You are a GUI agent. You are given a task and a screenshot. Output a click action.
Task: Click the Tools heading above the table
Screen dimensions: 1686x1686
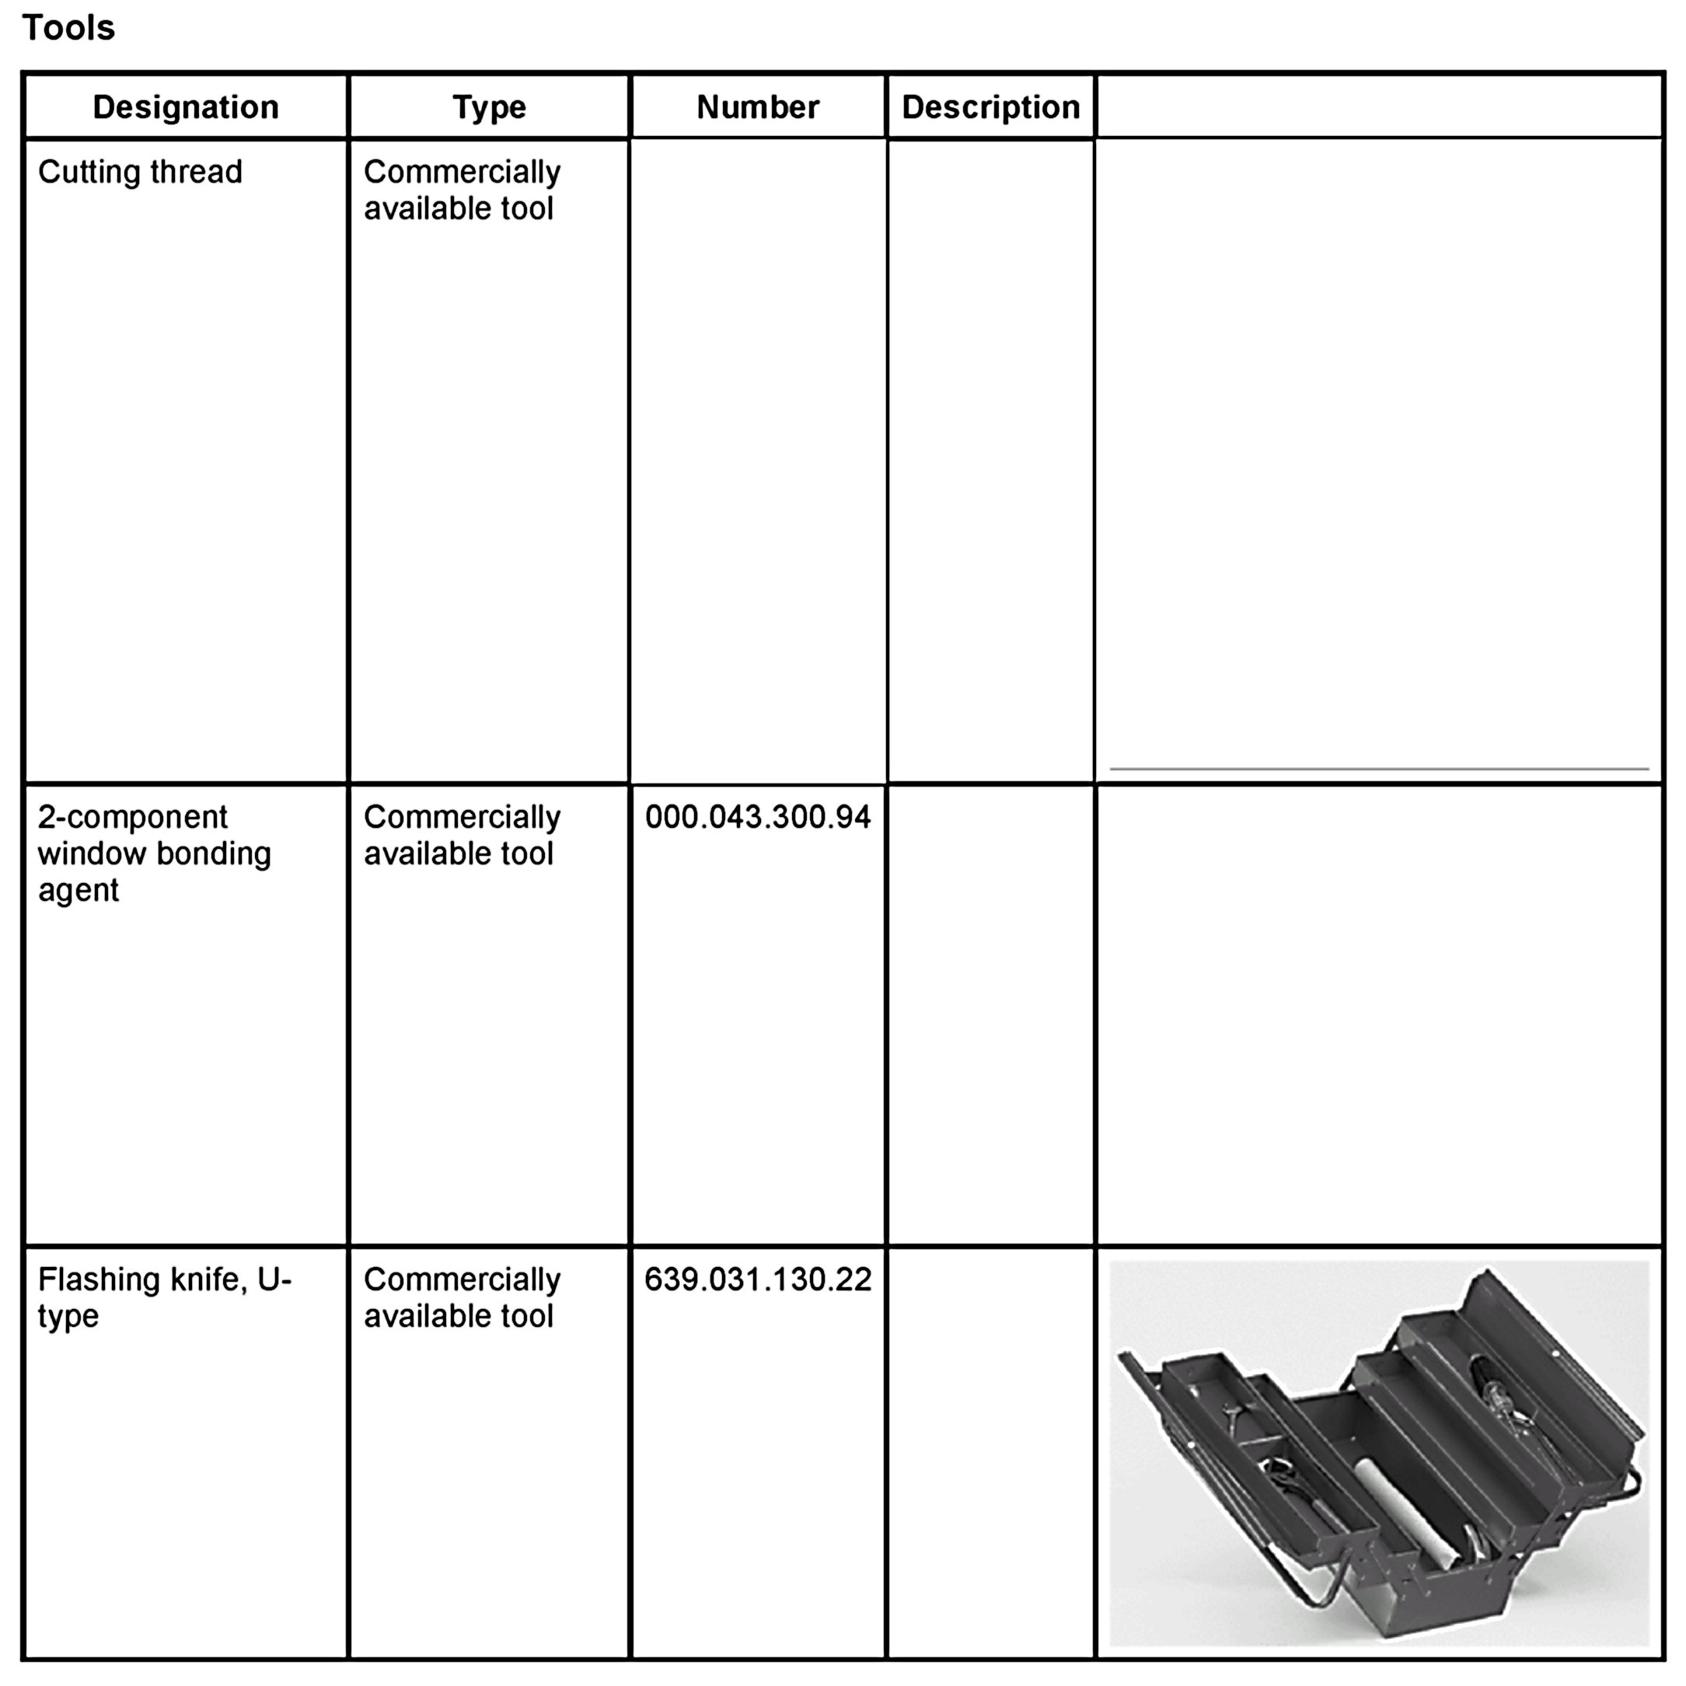pyautogui.click(x=68, y=28)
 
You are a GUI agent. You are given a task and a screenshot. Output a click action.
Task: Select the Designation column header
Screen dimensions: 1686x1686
pyautogui.click(x=185, y=107)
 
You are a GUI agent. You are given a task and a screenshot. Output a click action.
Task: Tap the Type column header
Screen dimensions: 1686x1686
pyautogui.click(x=489, y=107)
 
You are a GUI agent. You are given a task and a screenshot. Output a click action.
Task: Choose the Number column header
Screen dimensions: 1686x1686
pyautogui.click(x=757, y=107)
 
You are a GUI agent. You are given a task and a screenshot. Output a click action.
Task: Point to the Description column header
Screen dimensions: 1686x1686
pyautogui.click(x=990, y=107)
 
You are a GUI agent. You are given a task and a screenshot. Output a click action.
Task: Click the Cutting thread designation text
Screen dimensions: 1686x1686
pyautogui.click(x=140, y=172)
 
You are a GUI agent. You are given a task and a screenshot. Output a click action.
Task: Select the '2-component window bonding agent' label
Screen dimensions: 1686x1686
pyautogui.click(x=154, y=853)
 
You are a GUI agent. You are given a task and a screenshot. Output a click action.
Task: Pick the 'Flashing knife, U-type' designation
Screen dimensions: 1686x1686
pyautogui.click(x=164, y=1297)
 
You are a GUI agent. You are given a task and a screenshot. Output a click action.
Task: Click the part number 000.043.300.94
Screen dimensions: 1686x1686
pyautogui.click(x=757, y=817)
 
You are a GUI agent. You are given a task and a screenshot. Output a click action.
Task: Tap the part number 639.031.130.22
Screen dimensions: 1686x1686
pyautogui.click(x=757, y=1279)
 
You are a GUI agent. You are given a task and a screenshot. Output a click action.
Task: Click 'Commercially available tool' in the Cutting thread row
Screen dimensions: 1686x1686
pyautogui.click(x=461, y=190)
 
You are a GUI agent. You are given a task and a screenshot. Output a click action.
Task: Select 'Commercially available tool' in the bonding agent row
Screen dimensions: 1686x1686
pyautogui.click(x=461, y=835)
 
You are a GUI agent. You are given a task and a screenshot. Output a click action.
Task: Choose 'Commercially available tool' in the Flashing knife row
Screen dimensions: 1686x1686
pyautogui.click(x=461, y=1297)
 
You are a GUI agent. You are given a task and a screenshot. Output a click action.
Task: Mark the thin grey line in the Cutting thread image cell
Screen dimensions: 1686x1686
pyautogui.click(x=1379, y=769)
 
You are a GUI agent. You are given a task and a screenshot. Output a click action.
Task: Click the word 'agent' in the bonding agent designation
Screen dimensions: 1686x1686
pyautogui.click(x=78, y=890)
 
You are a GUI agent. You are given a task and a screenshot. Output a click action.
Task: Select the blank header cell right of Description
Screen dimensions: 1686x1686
pyautogui.click(x=1379, y=107)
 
